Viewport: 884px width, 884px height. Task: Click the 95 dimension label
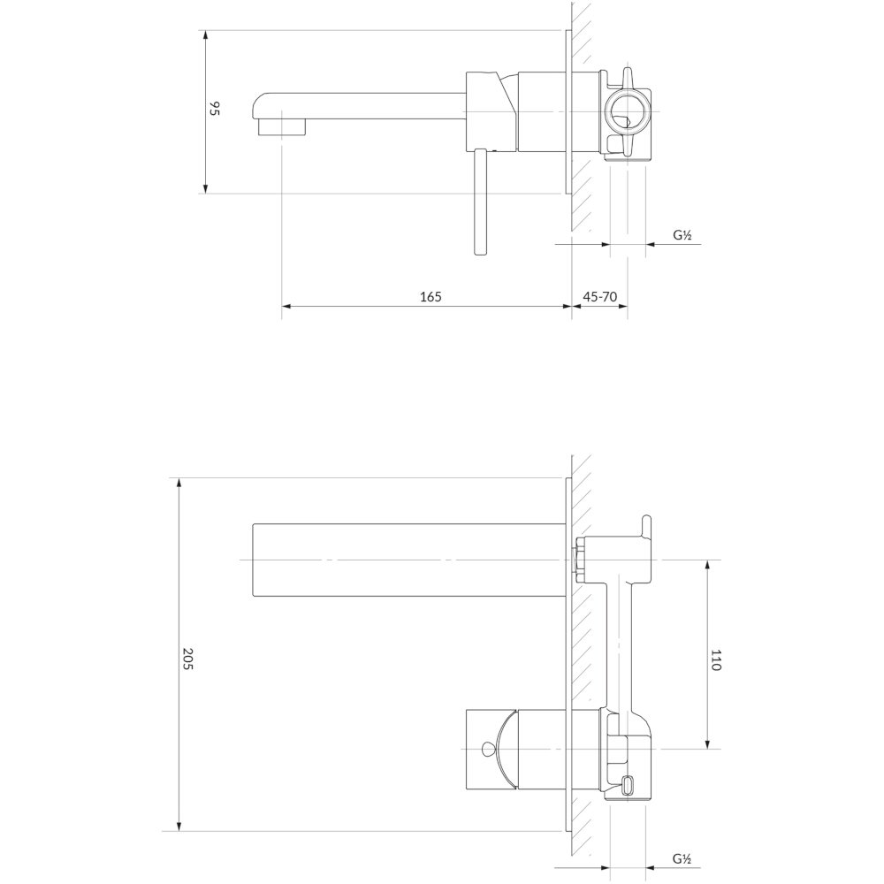pos(214,109)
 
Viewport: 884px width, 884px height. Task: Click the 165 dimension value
pos(431,296)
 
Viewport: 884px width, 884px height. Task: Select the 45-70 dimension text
pos(600,296)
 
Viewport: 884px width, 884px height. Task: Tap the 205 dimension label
pos(187,659)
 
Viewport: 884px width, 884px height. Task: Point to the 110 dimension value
pos(716,660)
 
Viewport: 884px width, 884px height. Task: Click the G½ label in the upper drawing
pos(682,235)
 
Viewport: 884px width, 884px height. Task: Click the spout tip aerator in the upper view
pos(281,127)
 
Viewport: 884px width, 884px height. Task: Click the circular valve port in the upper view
pos(624,110)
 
